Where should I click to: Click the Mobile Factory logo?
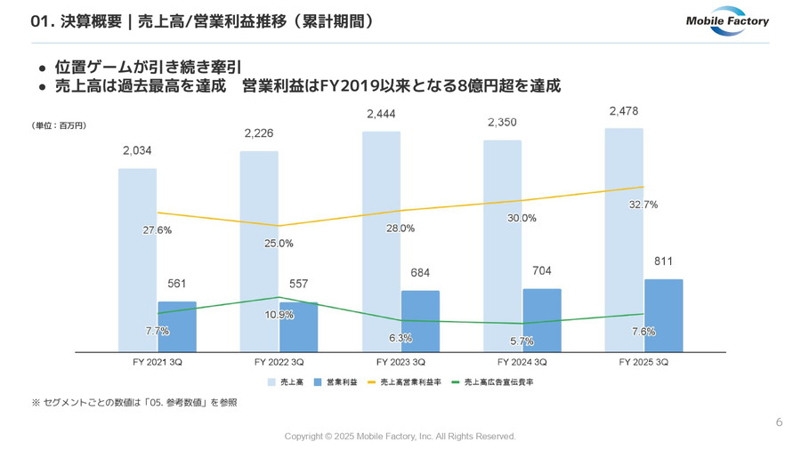click(x=727, y=21)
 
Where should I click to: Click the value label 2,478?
click(x=623, y=111)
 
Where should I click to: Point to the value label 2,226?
click(x=258, y=134)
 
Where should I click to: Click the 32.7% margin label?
click(x=643, y=205)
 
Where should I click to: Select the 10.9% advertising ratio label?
click(x=279, y=315)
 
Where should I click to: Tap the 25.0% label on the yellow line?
click(x=279, y=243)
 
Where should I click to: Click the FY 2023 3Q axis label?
click(x=400, y=363)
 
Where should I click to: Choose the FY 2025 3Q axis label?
click(x=643, y=363)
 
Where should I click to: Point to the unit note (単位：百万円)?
click(x=59, y=126)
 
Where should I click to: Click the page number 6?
click(x=779, y=422)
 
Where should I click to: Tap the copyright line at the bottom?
click(x=400, y=437)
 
